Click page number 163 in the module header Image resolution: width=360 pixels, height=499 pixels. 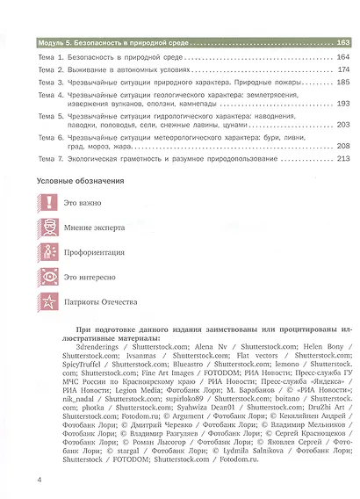342,42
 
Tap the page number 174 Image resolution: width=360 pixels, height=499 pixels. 342,69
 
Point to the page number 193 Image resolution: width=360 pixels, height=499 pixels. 342,103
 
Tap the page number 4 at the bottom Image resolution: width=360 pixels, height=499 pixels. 29,480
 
